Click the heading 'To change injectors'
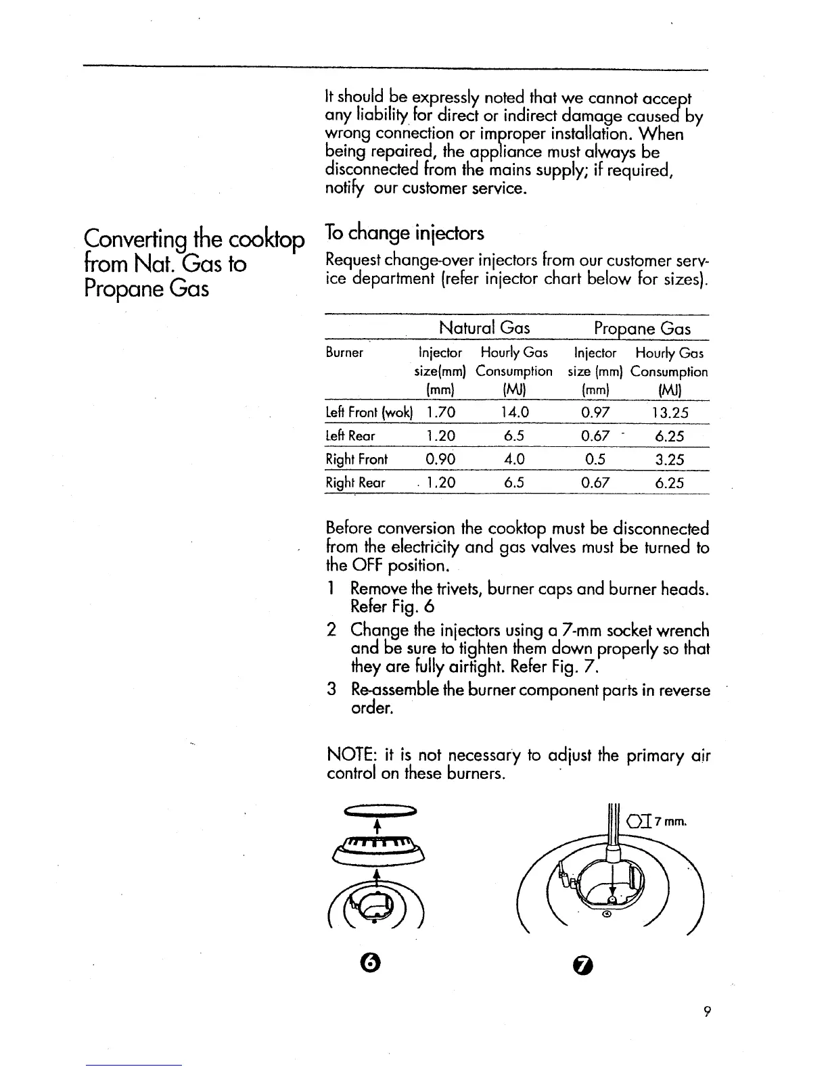[x=405, y=233]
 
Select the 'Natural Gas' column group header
[x=484, y=329]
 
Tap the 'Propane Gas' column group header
[x=642, y=329]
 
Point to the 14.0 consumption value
[x=514, y=412]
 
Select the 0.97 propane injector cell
[x=595, y=412]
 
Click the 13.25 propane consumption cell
[x=670, y=412]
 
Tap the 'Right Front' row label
[x=356, y=460]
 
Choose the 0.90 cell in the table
[x=440, y=460]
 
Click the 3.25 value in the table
[x=670, y=460]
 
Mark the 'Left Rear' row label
[x=350, y=436]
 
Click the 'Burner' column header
[x=344, y=353]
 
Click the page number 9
[x=706, y=1011]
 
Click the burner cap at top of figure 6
[x=382, y=810]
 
